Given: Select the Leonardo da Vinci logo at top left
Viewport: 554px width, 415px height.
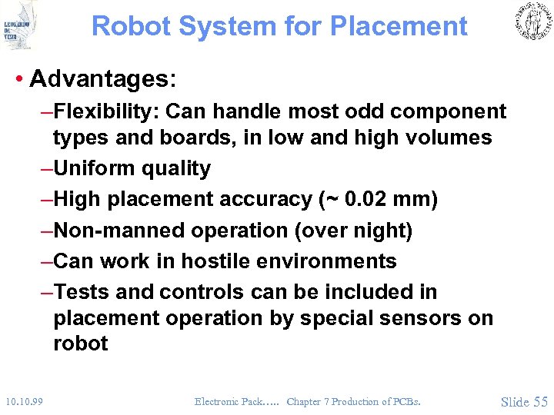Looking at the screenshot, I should pyautogui.click(x=19, y=25).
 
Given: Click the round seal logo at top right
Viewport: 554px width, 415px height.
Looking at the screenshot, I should pyautogui.click(x=531, y=22).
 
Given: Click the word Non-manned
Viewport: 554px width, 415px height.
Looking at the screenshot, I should pyautogui.click(x=112, y=231).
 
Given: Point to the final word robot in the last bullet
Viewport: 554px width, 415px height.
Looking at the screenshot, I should pyautogui.click(x=80, y=344).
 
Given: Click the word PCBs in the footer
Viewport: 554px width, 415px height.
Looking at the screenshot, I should pyautogui.click(x=404, y=401).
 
